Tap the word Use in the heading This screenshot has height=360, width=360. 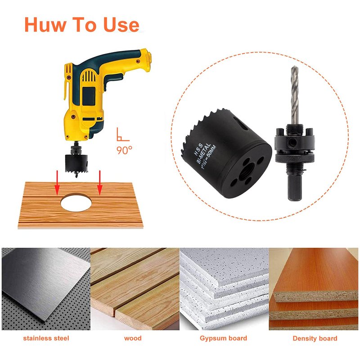click(121, 24)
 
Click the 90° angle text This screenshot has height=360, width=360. click(124, 150)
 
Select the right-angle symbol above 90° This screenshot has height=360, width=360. click(123, 134)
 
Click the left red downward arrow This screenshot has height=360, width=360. click(57, 183)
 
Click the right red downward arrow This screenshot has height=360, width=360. click(99, 183)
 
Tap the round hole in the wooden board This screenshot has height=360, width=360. click(76, 202)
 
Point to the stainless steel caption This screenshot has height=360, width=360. click(46, 338)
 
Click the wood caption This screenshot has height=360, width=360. click(133, 338)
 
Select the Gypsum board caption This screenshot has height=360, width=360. click(223, 338)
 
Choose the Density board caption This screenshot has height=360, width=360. click(315, 338)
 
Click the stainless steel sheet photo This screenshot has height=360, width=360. click(46, 289)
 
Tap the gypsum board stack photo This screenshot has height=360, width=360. click(224, 289)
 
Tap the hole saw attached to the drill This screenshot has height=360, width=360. click(76, 163)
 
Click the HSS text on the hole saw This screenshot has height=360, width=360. click(198, 149)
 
